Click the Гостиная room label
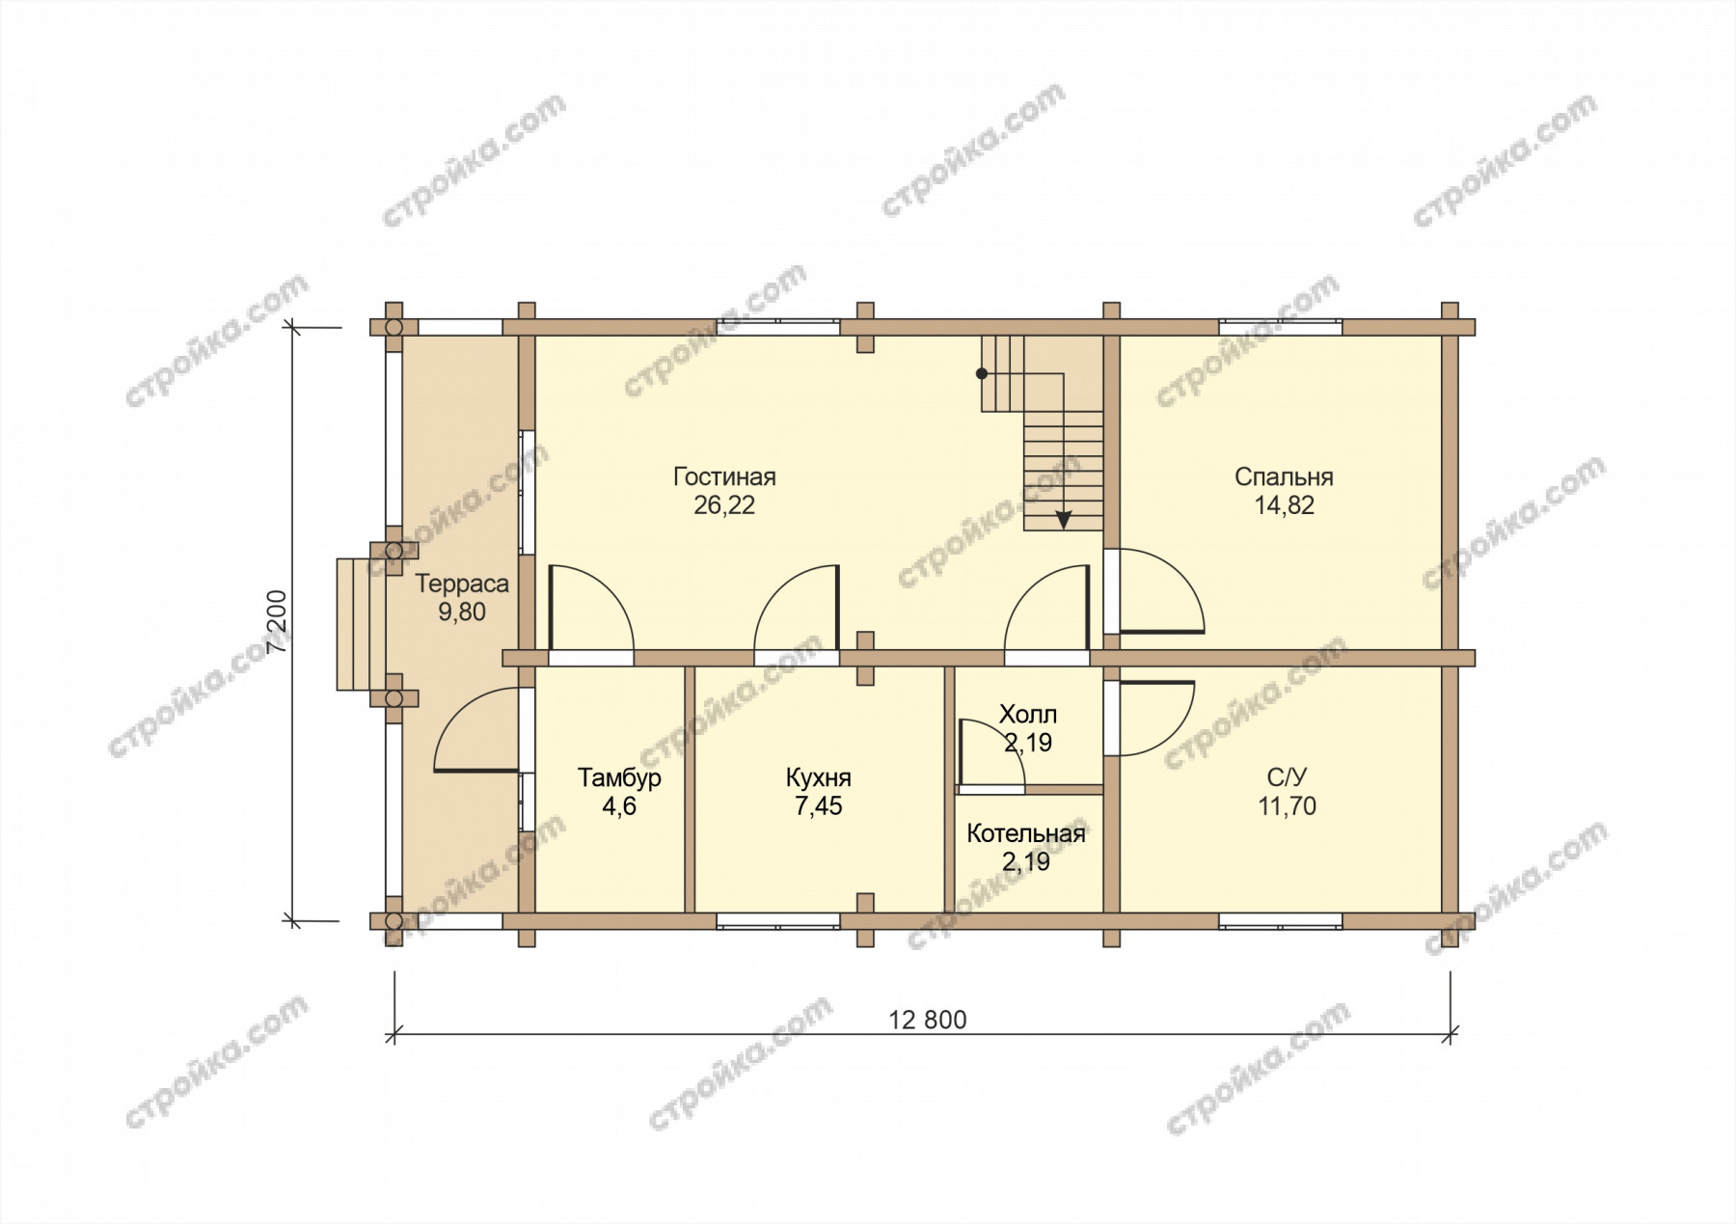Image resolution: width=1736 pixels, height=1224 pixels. (x=724, y=476)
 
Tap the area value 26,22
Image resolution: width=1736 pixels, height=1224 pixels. (x=724, y=505)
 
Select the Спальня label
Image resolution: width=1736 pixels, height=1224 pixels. (x=1284, y=476)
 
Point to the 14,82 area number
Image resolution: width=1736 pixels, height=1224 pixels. (x=1284, y=505)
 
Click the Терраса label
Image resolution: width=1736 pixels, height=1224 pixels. (x=462, y=584)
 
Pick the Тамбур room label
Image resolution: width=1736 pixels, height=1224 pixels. (x=619, y=777)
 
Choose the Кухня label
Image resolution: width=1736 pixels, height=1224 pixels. (x=818, y=777)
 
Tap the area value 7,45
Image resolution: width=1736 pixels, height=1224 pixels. (x=818, y=806)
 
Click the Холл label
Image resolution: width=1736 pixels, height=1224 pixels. (x=1027, y=715)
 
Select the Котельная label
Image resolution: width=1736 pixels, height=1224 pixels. (x=1026, y=833)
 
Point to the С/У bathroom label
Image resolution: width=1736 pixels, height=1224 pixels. (x=1287, y=777)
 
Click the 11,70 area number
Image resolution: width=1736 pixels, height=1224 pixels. (x=1287, y=806)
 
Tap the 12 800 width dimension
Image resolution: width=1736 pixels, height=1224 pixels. (x=927, y=1020)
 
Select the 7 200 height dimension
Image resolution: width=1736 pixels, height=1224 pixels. (x=280, y=622)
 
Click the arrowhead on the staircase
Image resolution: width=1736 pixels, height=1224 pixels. (x=1063, y=519)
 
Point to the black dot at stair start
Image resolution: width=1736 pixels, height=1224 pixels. (x=982, y=373)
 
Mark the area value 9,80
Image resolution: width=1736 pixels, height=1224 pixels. (x=462, y=612)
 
